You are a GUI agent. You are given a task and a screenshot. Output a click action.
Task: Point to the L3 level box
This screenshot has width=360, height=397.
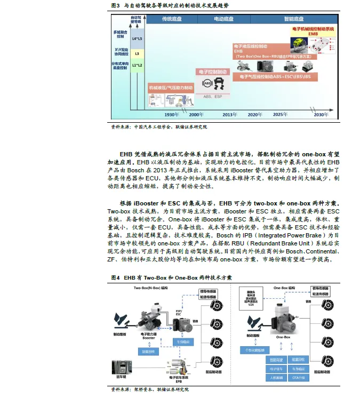pyautogui.click(x=137, y=54)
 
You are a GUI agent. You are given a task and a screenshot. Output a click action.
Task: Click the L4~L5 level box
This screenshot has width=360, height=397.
pyautogui.click(x=137, y=39)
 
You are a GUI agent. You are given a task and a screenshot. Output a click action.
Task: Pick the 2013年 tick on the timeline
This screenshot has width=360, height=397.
pyautogui.click(x=229, y=115)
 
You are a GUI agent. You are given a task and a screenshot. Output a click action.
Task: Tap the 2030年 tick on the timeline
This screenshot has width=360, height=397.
pyautogui.click(x=321, y=115)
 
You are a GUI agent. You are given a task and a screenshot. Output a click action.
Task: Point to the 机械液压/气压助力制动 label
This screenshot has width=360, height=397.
pyautogui.click(x=171, y=86)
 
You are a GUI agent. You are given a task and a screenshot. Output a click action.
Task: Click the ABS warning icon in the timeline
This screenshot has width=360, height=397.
pyautogui.click(x=207, y=84)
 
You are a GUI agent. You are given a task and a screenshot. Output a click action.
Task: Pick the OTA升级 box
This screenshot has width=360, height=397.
pyautogui.click(x=300, y=377)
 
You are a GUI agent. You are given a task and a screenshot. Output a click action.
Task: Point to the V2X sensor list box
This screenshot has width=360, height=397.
pyautogui.click(x=251, y=298)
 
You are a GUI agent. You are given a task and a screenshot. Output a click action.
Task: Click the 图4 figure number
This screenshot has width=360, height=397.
pyautogui.click(x=114, y=278)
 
